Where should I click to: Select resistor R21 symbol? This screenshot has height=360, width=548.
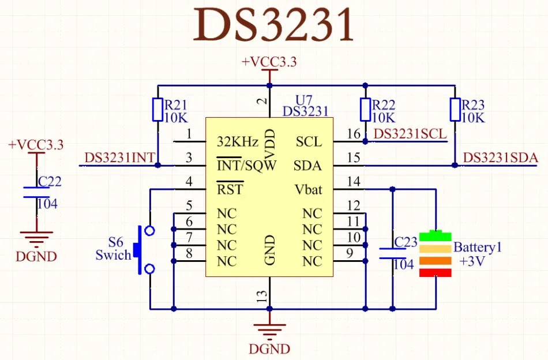click(157, 110)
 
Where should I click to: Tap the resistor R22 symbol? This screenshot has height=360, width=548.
click(365, 110)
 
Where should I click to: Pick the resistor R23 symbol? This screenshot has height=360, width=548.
click(455, 110)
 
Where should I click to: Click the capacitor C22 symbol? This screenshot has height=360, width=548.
click(36, 193)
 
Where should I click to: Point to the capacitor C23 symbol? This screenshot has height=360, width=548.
click(393, 253)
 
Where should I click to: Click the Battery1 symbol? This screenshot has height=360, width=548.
click(435, 254)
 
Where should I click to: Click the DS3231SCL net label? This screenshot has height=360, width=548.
click(410, 134)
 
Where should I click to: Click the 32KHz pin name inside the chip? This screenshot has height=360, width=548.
click(237, 142)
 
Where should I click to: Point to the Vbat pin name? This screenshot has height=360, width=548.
click(308, 190)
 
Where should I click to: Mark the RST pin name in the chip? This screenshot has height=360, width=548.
click(230, 190)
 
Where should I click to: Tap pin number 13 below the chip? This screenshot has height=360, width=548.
click(262, 297)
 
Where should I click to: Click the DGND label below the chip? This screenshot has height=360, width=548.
click(269, 349)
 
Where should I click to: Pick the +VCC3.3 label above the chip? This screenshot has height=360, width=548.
click(269, 62)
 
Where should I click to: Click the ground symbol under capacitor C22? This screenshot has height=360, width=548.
click(36, 237)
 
